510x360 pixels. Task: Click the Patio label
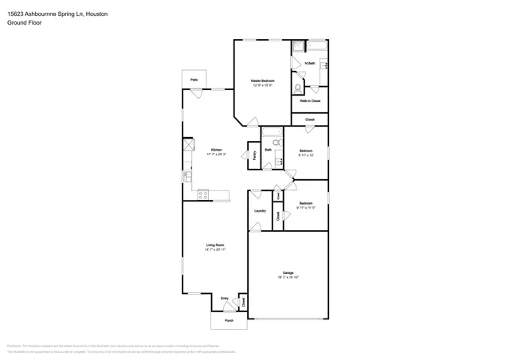(194, 80)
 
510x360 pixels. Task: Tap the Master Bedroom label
(262, 80)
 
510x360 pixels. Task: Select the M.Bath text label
(310, 63)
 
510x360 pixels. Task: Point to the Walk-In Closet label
(310, 101)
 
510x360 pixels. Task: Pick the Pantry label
(254, 156)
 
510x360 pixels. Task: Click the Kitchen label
(216, 150)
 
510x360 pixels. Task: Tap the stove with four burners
(202, 194)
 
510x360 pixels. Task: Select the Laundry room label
(260, 211)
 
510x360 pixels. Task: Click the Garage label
(288, 272)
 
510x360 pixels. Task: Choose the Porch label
(228, 320)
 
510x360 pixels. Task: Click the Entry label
(225, 299)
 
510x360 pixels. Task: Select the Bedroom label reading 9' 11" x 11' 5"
(306, 204)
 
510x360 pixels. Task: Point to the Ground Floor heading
(26, 23)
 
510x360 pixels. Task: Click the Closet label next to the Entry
(243, 302)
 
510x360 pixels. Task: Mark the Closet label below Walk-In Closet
(310, 119)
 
